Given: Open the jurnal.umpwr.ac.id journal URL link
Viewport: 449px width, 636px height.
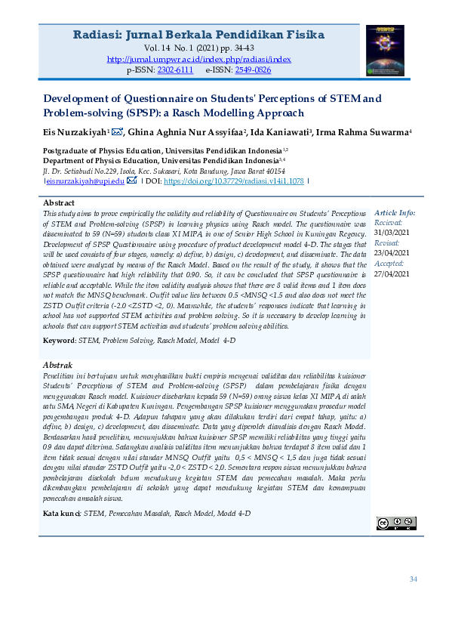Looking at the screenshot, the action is coord(199,59).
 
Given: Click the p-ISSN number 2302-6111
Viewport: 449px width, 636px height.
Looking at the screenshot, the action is coord(175,69).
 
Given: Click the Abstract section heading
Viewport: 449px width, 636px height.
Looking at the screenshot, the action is coord(59,203).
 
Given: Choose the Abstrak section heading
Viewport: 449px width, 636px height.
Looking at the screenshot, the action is coord(58,366).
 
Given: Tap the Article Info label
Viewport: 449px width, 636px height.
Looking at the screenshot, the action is coord(395,214).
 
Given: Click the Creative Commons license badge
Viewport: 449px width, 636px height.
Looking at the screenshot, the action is coord(396,523).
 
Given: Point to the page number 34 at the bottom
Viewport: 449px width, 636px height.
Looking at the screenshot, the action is coord(413,579).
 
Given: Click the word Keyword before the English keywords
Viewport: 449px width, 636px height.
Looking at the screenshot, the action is coord(59,341).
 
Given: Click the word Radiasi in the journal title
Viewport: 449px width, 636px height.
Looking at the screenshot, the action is coord(97,35).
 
